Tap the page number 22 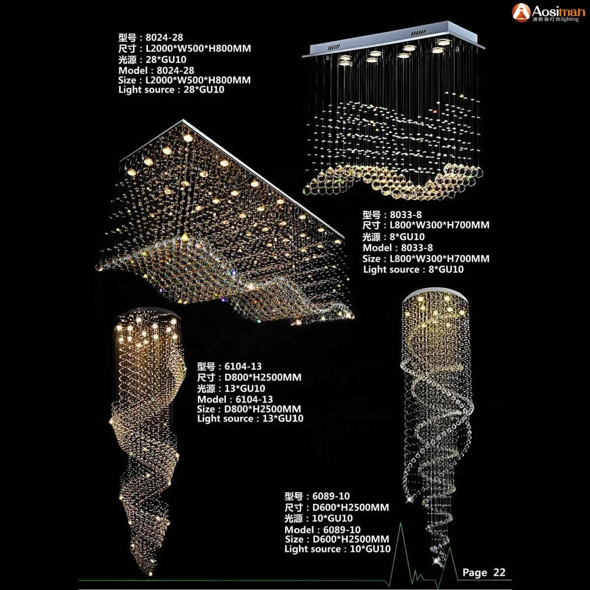[x=499, y=572]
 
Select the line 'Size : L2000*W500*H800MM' [x=184, y=80]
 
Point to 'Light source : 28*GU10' [x=171, y=90]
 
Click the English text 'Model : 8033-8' [x=398, y=248]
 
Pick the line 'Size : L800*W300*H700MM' [x=426, y=259]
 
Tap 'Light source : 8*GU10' [x=413, y=269]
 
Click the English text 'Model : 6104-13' [x=235, y=399]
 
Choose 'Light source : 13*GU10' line [x=250, y=419]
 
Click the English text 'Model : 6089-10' [x=323, y=530]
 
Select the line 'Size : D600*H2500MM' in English [x=337, y=539]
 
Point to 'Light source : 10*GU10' [x=337, y=549]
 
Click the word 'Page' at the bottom [x=474, y=572]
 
